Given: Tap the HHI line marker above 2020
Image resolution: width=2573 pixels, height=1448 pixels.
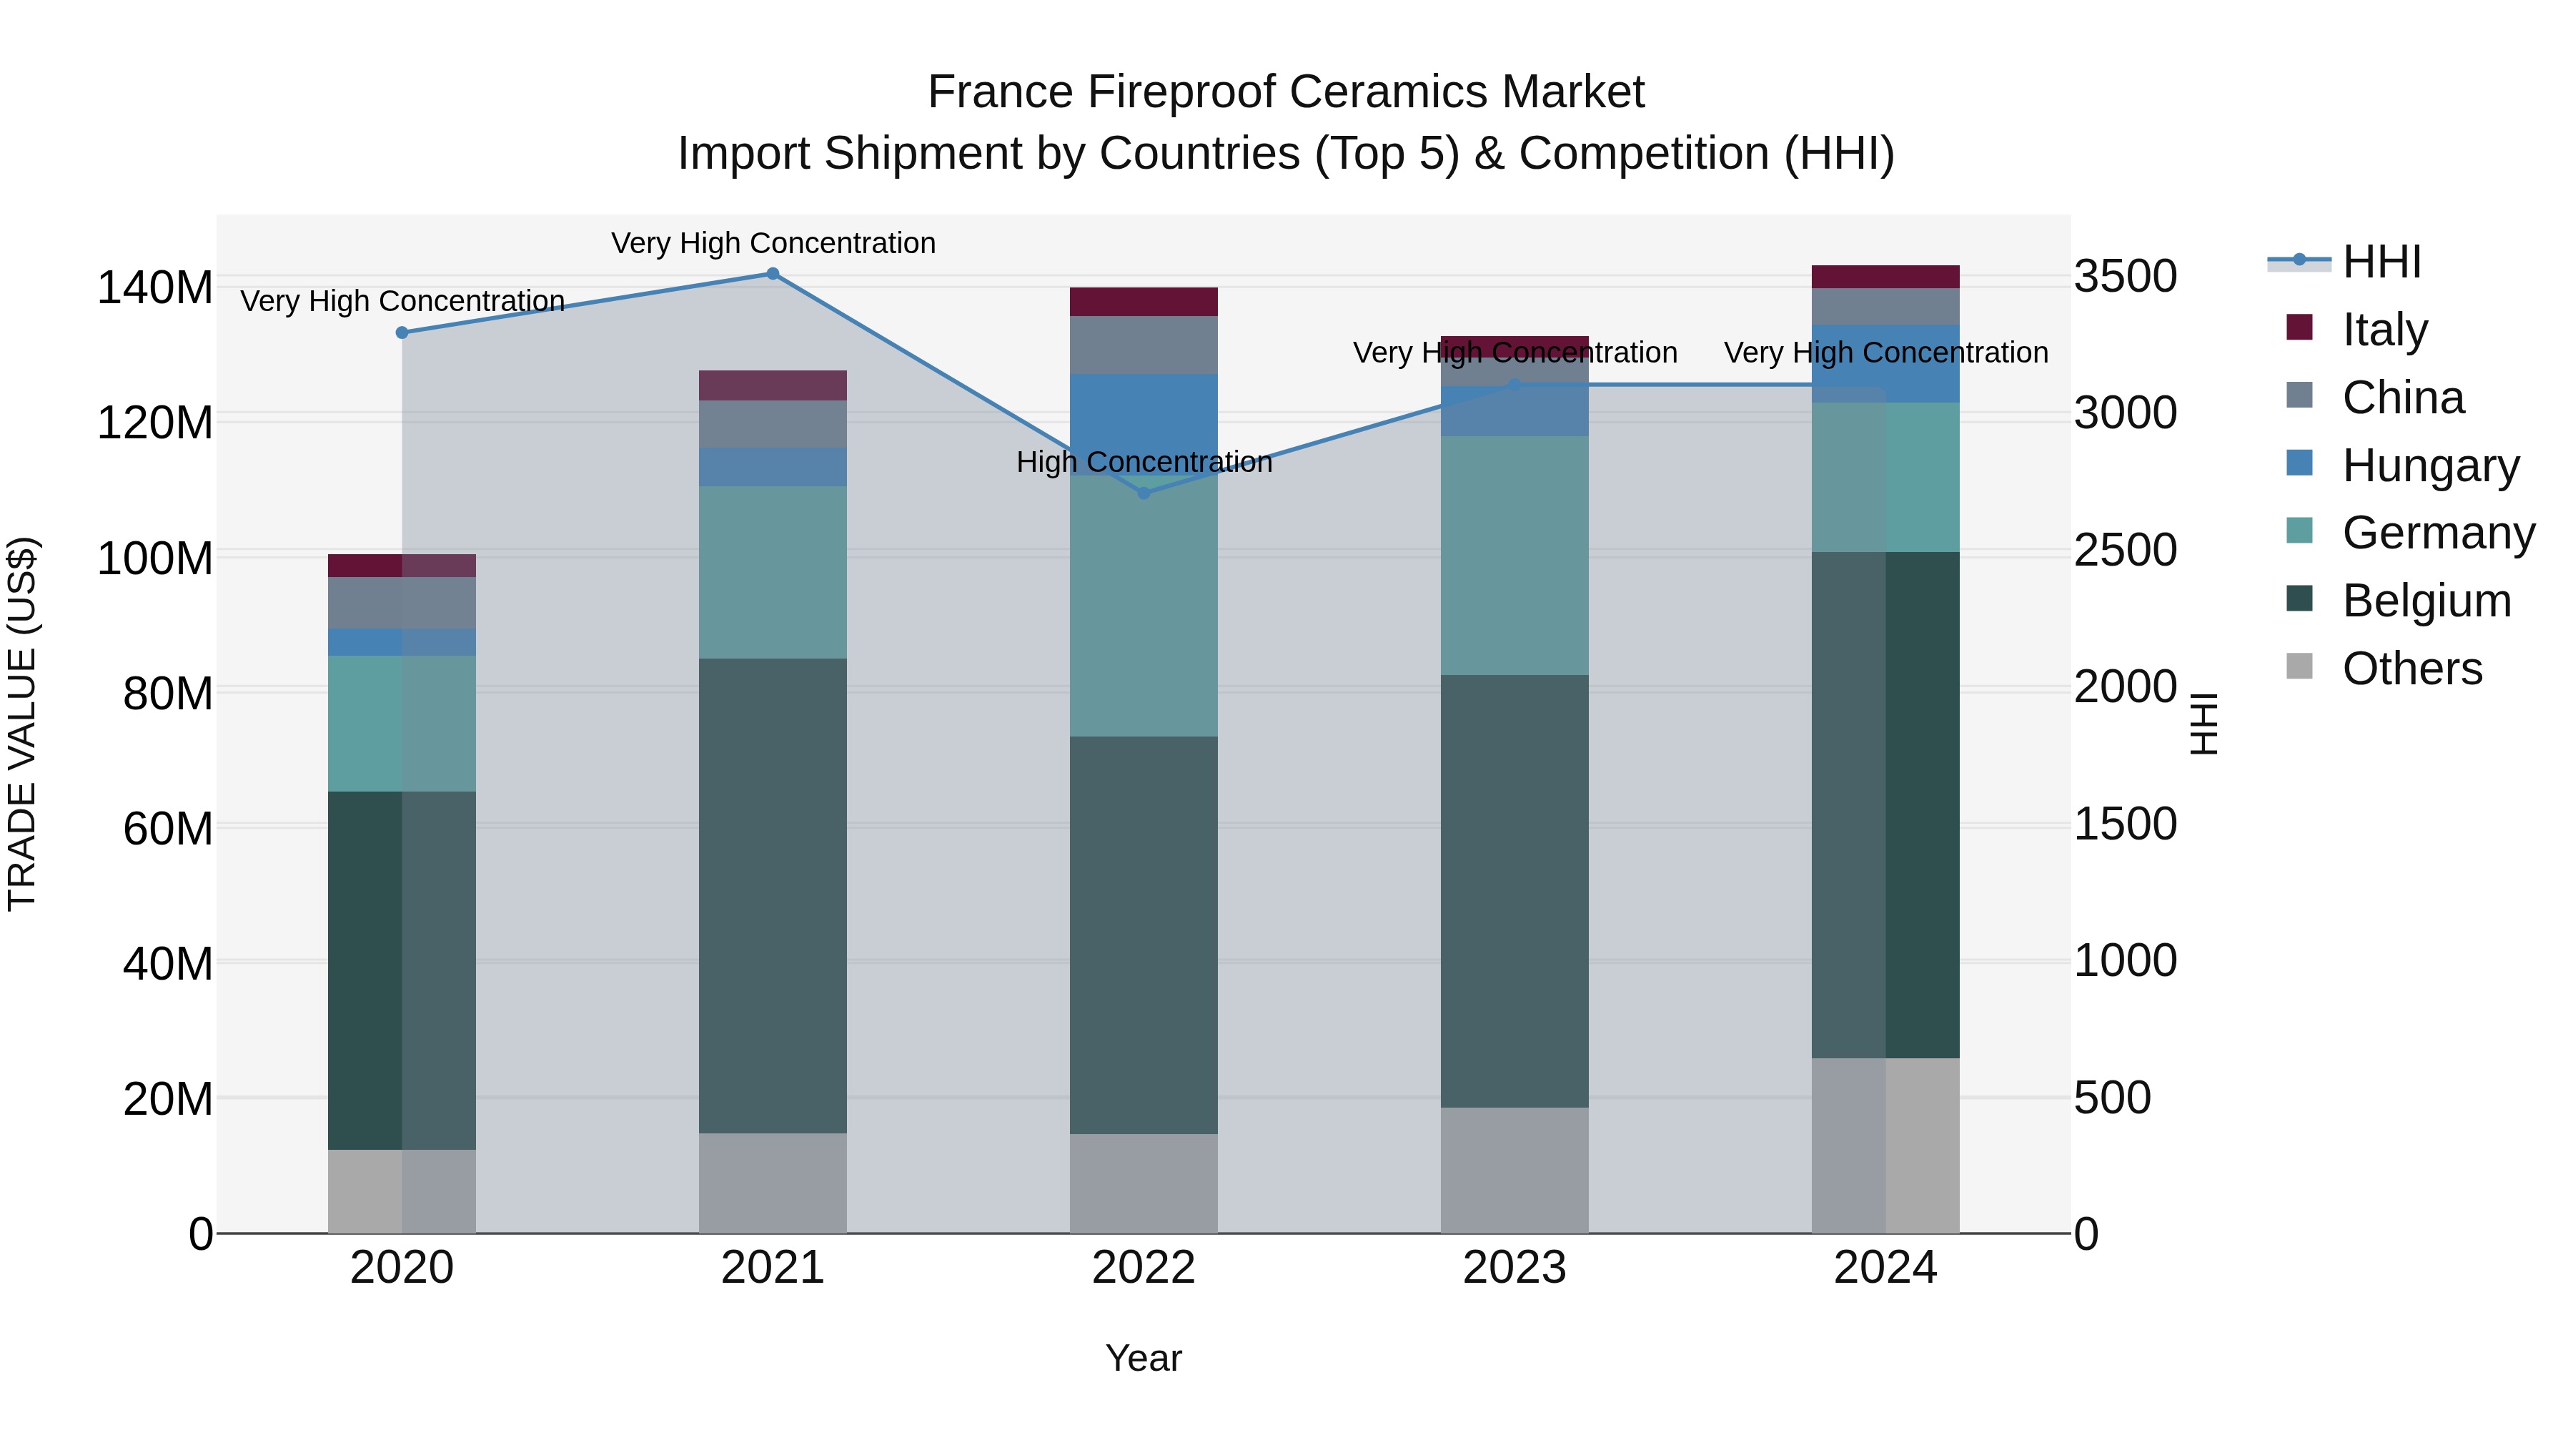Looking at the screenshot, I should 402,333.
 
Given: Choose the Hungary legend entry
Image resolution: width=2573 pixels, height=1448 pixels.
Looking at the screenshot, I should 2429,466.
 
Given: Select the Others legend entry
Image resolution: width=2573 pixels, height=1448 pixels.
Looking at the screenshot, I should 2411,669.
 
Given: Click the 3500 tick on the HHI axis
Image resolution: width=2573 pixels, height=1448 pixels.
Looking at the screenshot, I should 2126,276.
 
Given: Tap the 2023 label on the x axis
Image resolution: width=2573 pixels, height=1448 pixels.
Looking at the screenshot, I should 1514,1268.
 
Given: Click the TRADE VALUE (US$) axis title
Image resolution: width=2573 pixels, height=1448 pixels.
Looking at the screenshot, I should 22,724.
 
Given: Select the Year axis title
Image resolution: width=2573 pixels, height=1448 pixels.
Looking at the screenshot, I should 1144,1358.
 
